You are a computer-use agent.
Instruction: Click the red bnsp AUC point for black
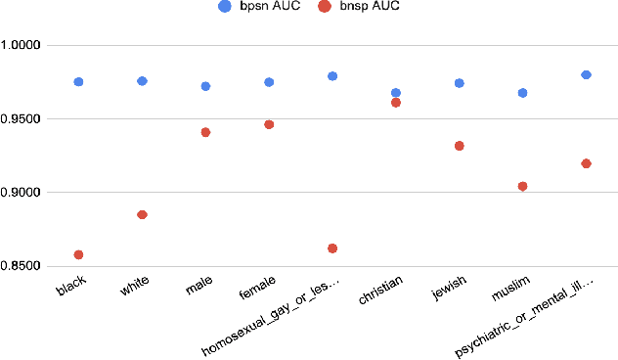[x=78, y=254]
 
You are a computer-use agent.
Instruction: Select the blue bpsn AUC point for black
[x=78, y=82]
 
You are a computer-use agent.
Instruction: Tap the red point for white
[x=142, y=214]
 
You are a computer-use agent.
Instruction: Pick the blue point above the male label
[x=205, y=86]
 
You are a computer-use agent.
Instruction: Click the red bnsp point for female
[x=269, y=124]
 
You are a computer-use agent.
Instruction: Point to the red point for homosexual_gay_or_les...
[x=332, y=248]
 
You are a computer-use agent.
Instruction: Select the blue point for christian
[x=396, y=93]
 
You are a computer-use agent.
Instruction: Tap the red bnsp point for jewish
[x=460, y=146]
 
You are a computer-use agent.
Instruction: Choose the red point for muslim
[x=522, y=186]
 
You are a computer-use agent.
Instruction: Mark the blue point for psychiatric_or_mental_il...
[x=586, y=74]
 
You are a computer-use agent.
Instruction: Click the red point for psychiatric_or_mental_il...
[x=586, y=163]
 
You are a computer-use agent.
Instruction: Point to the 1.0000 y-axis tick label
[x=22, y=46]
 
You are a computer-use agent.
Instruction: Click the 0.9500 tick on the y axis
[x=22, y=119]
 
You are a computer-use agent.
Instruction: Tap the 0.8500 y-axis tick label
[x=22, y=266]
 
